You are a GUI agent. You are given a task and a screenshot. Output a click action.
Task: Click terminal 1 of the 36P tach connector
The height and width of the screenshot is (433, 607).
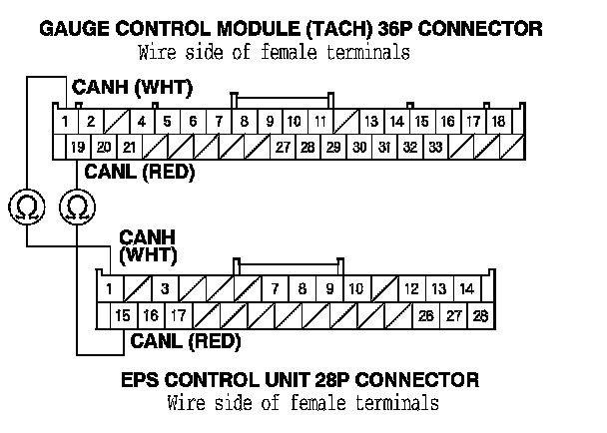[64, 122]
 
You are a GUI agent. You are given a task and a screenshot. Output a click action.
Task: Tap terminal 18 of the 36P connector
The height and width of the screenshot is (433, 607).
[497, 122]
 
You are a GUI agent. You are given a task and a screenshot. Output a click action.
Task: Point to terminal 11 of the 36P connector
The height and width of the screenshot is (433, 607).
[319, 122]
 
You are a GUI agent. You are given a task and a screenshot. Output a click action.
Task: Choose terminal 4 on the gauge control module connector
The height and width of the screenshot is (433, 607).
[142, 122]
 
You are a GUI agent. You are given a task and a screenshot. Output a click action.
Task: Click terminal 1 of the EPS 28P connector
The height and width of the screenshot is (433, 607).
[108, 289]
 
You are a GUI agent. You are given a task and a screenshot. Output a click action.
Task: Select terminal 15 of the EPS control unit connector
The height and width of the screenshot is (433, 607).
[123, 315]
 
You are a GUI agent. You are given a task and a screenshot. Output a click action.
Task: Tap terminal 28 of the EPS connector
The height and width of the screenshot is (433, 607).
[480, 315]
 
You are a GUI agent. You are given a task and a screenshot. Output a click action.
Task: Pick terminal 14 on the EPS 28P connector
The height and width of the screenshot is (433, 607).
[465, 289]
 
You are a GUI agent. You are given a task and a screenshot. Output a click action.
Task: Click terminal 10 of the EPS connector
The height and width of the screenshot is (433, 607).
[355, 289]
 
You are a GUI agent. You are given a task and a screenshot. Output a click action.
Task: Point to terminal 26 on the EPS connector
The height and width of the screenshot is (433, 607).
[426, 315]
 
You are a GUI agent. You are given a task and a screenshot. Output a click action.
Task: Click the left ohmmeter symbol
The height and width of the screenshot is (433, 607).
[27, 208]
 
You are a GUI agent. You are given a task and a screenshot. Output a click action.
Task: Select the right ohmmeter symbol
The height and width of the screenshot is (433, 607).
[77, 208]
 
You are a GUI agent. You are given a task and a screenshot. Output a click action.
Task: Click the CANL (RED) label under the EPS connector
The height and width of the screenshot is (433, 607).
[186, 342]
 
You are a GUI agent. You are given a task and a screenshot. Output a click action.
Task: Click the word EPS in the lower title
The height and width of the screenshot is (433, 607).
[143, 380]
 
